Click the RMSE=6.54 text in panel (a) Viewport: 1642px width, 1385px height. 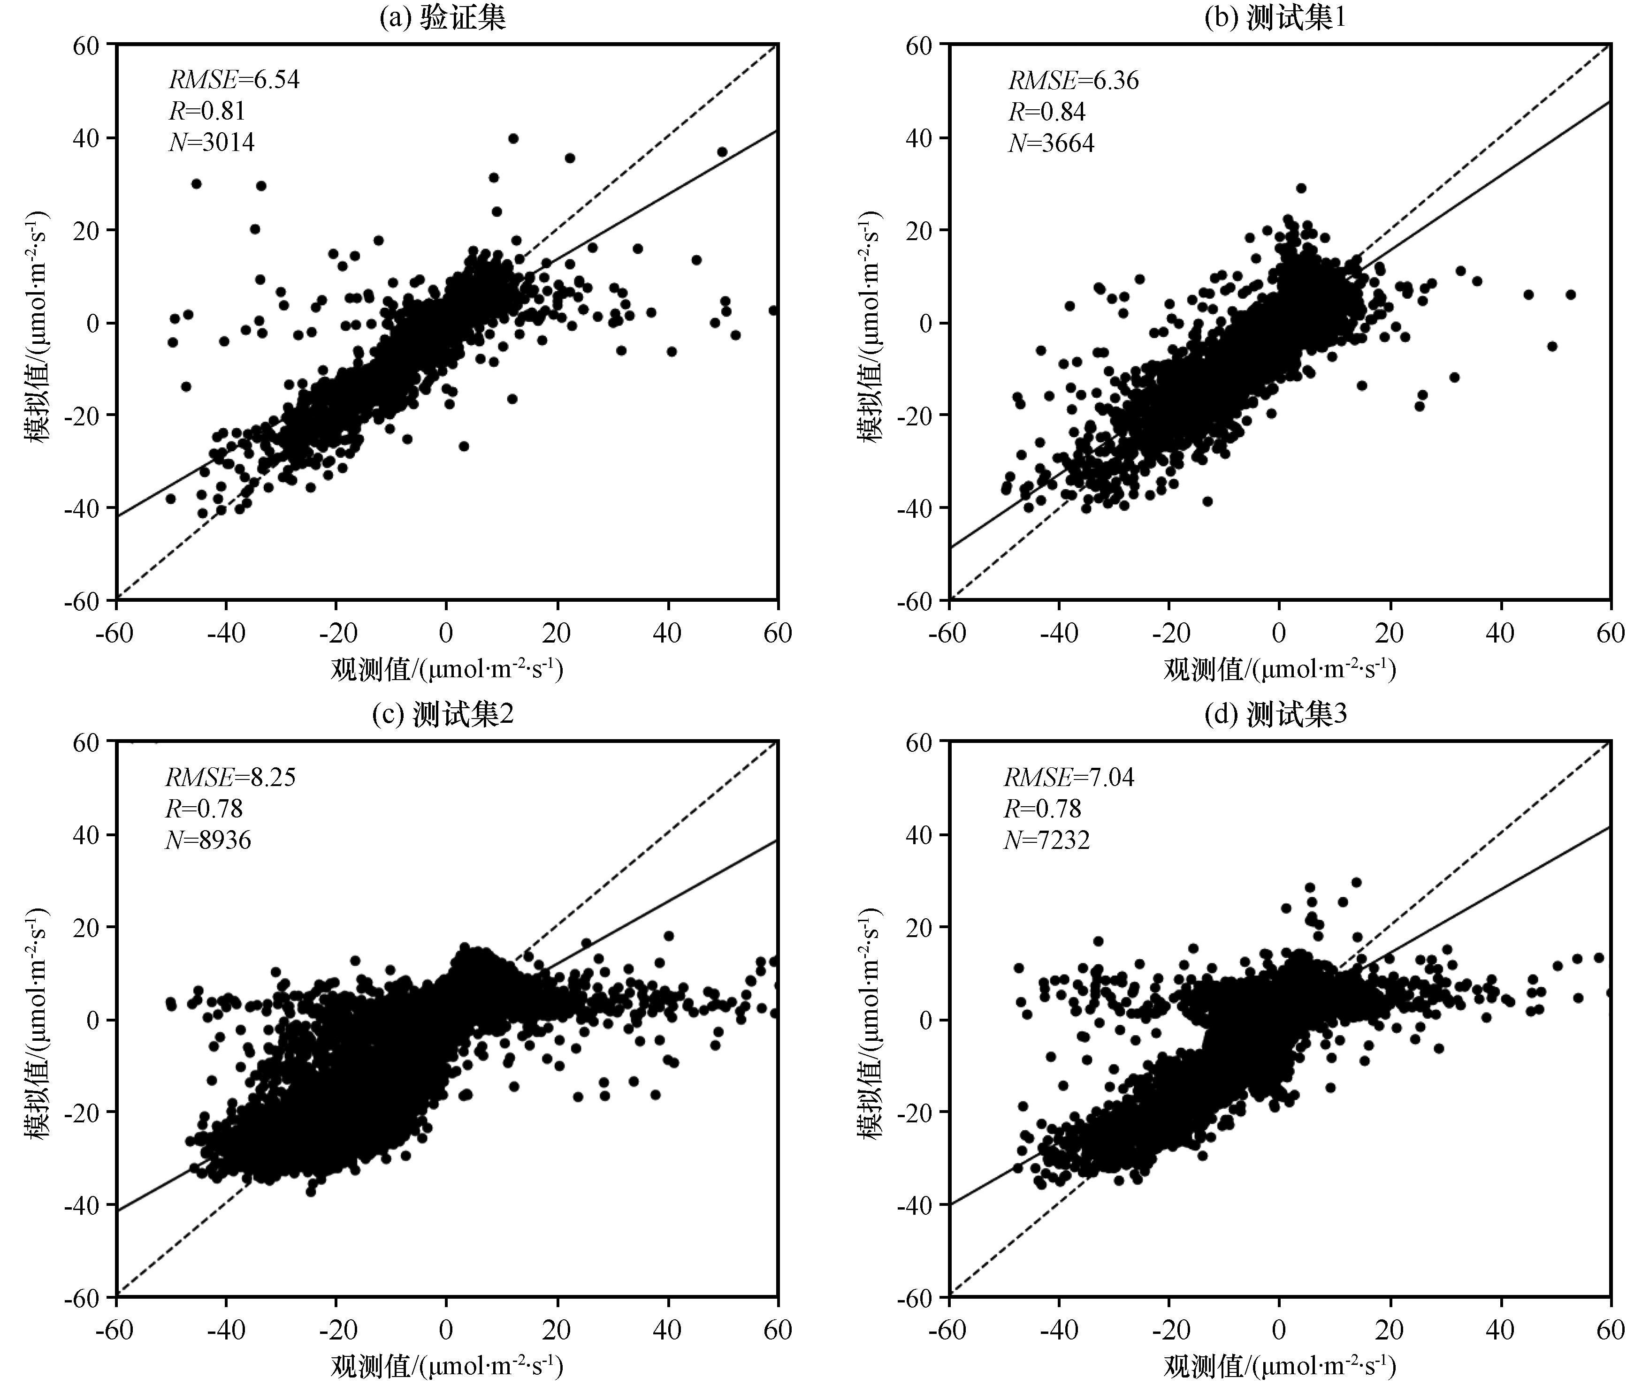pos(234,80)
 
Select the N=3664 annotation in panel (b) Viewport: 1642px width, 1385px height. pos(1051,143)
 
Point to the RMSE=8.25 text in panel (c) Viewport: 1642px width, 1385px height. pos(230,777)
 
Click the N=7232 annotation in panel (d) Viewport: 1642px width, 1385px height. pos(1046,840)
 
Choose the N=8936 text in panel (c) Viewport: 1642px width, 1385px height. pos(208,840)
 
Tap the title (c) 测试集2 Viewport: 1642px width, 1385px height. pos(443,714)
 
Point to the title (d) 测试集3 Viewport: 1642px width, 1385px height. pos(1275,714)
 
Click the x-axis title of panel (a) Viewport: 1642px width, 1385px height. pos(446,669)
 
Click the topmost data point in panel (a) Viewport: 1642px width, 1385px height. pos(513,138)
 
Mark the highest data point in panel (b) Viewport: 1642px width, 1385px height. pos(1301,188)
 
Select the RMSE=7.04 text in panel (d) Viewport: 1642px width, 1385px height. pos(1069,777)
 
